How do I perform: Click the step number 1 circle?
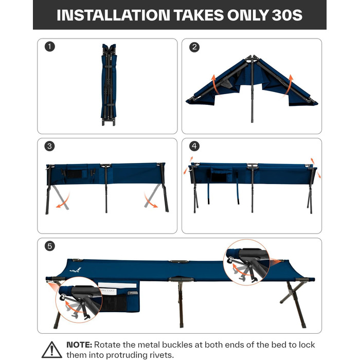click(50, 47)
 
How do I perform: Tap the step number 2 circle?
click(194, 47)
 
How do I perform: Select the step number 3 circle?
click(49, 146)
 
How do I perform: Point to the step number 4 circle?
click(194, 146)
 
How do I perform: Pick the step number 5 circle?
click(50, 246)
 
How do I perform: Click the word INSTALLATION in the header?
click(113, 15)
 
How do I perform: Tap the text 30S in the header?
click(287, 15)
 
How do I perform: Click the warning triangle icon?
click(51, 350)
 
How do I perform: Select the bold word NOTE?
click(79, 345)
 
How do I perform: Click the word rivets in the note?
click(161, 355)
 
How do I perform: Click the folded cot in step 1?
click(109, 85)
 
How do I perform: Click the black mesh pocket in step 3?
click(74, 174)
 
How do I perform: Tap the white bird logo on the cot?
click(76, 270)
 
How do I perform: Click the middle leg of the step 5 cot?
click(181, 303)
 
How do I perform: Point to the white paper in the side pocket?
click(117, 285)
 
